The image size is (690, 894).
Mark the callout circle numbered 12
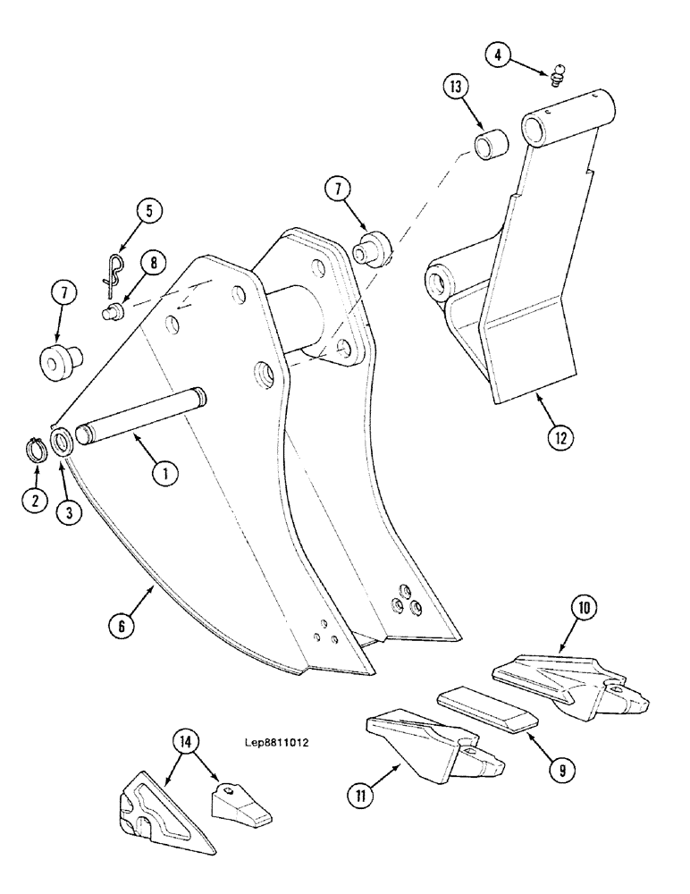(560, 438)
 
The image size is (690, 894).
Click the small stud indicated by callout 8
(111, 312)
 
